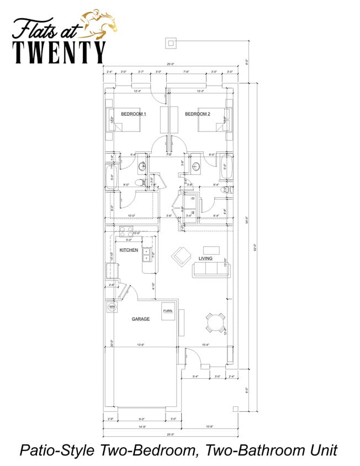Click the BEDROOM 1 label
pyautogui.click(x=134, y=114)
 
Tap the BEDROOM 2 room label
pyautogui.click(x=197, y=114)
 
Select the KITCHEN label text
pyautogui.click(x=129, y=250)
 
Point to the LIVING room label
pyautogui.click(x=205, y=258)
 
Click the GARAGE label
pyautogui.click(x=140, y=319)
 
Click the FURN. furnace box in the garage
pyautogui.click(x=168, y=311)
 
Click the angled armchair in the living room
pyautogui.click(x=181, y=256)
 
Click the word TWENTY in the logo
pyautogui.click(x=59, y=52)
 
